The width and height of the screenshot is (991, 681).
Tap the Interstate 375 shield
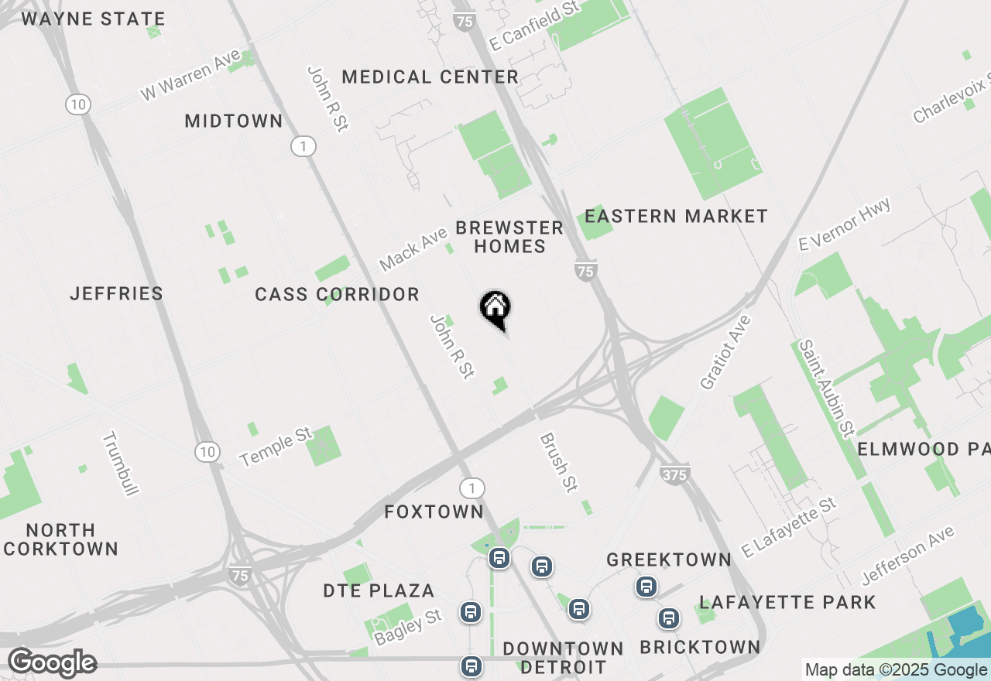tap(674, 474)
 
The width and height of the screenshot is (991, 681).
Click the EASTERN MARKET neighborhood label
tap(676, 216)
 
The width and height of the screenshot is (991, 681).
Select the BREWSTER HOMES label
tap(509, 237)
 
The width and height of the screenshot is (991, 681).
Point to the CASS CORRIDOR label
tap(337, 294)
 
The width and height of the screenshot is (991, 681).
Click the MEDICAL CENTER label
tap(430, 77)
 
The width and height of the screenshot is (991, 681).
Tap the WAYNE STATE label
tap(93, 19)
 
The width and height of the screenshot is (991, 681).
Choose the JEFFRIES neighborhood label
tap(116, 293)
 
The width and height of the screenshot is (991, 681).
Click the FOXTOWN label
tap(434, 512)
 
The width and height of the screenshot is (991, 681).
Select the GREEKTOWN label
tap(669, 560)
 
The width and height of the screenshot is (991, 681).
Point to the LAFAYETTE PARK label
tap(787, 602)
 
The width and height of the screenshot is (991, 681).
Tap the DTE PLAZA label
tap(379, 590)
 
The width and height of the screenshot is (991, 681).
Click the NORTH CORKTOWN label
tap(60, 539)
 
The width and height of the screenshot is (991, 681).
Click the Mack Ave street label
tap(413, 249)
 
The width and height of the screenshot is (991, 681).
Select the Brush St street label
tap(559, 462)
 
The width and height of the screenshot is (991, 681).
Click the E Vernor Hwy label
tap(845, 224)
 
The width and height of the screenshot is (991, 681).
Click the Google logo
tap(52, 663)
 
